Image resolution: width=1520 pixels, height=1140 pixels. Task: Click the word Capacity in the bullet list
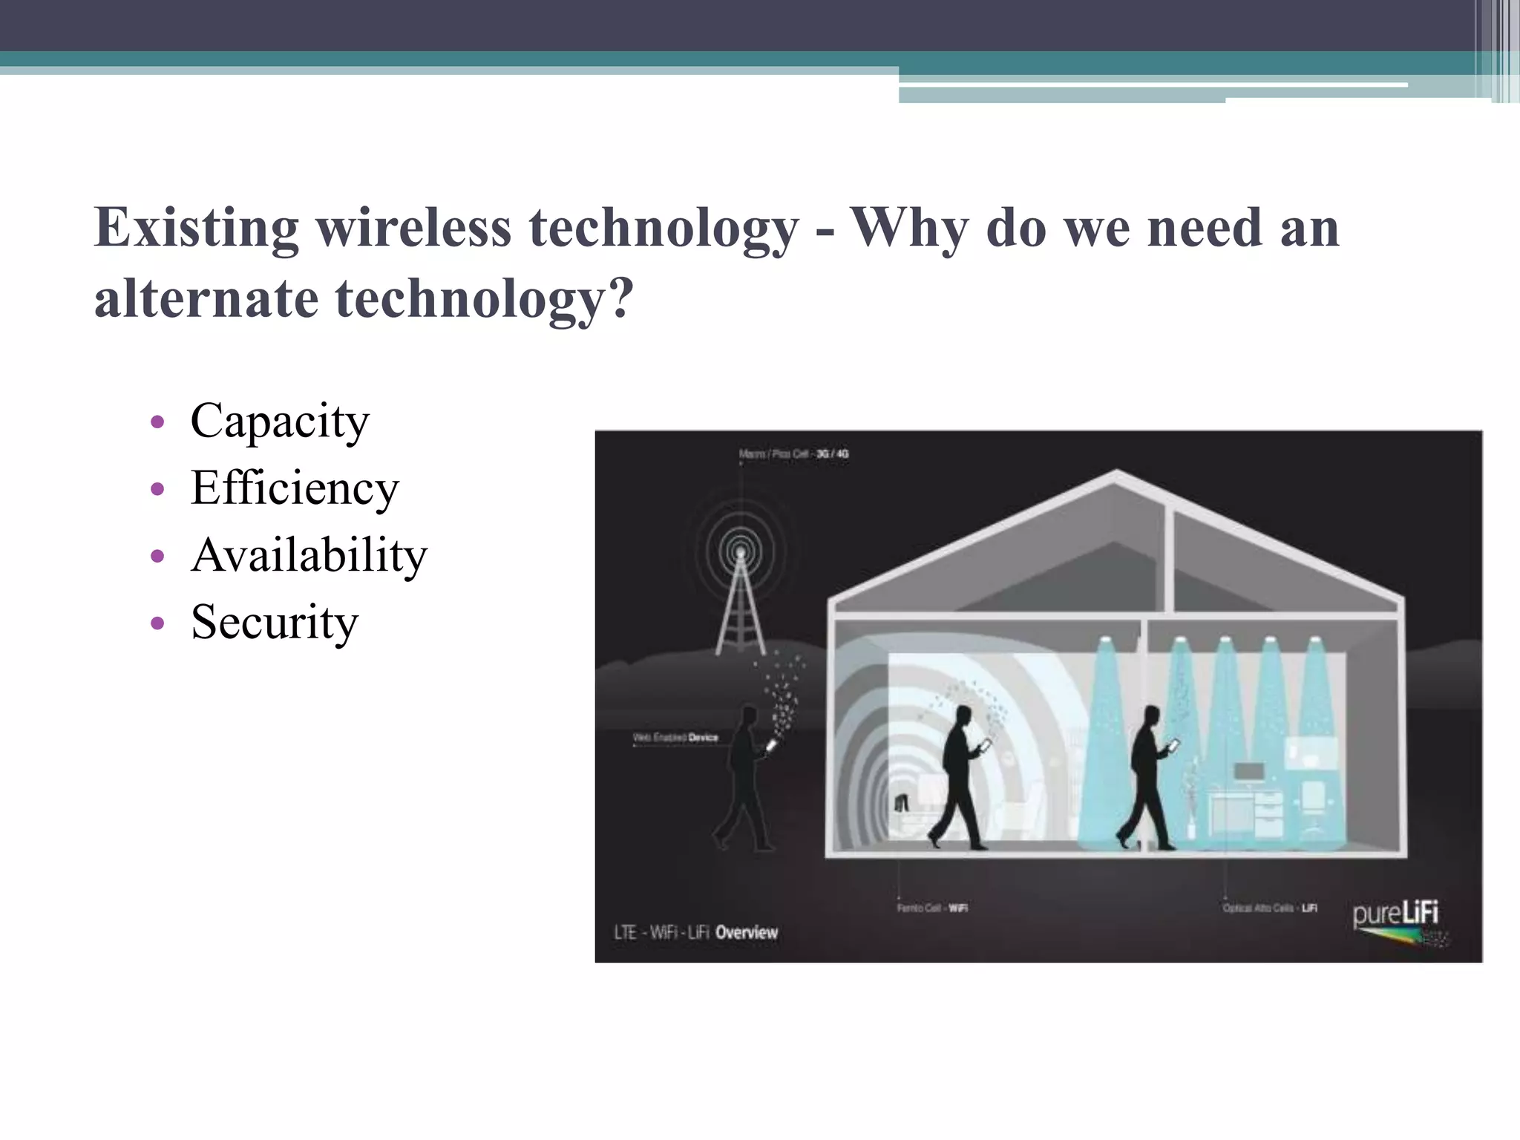coord(279,422)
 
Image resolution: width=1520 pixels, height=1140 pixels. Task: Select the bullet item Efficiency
coord(295,488)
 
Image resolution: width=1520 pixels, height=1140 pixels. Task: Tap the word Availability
coord(309,555)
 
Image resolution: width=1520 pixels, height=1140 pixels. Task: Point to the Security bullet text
coord(274,622)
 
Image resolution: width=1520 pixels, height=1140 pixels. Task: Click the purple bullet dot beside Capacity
coord(157,422)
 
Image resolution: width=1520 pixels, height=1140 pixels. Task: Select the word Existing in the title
coord(196,227)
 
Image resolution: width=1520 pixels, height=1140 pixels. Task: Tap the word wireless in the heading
coord(413,227)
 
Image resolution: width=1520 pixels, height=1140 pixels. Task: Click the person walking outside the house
coord(744,779)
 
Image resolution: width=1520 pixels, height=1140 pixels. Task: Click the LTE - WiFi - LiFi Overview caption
coord(695,932)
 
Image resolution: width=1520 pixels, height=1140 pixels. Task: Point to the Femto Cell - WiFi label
coord(931,908)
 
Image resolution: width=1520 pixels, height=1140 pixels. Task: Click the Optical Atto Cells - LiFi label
coord(1269,908)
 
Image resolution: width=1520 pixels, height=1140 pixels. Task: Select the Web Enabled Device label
coord(675,737)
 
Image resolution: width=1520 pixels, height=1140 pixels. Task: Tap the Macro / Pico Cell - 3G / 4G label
coord(793,453)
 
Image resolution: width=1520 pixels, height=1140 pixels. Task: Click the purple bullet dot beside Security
coord(157,623)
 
